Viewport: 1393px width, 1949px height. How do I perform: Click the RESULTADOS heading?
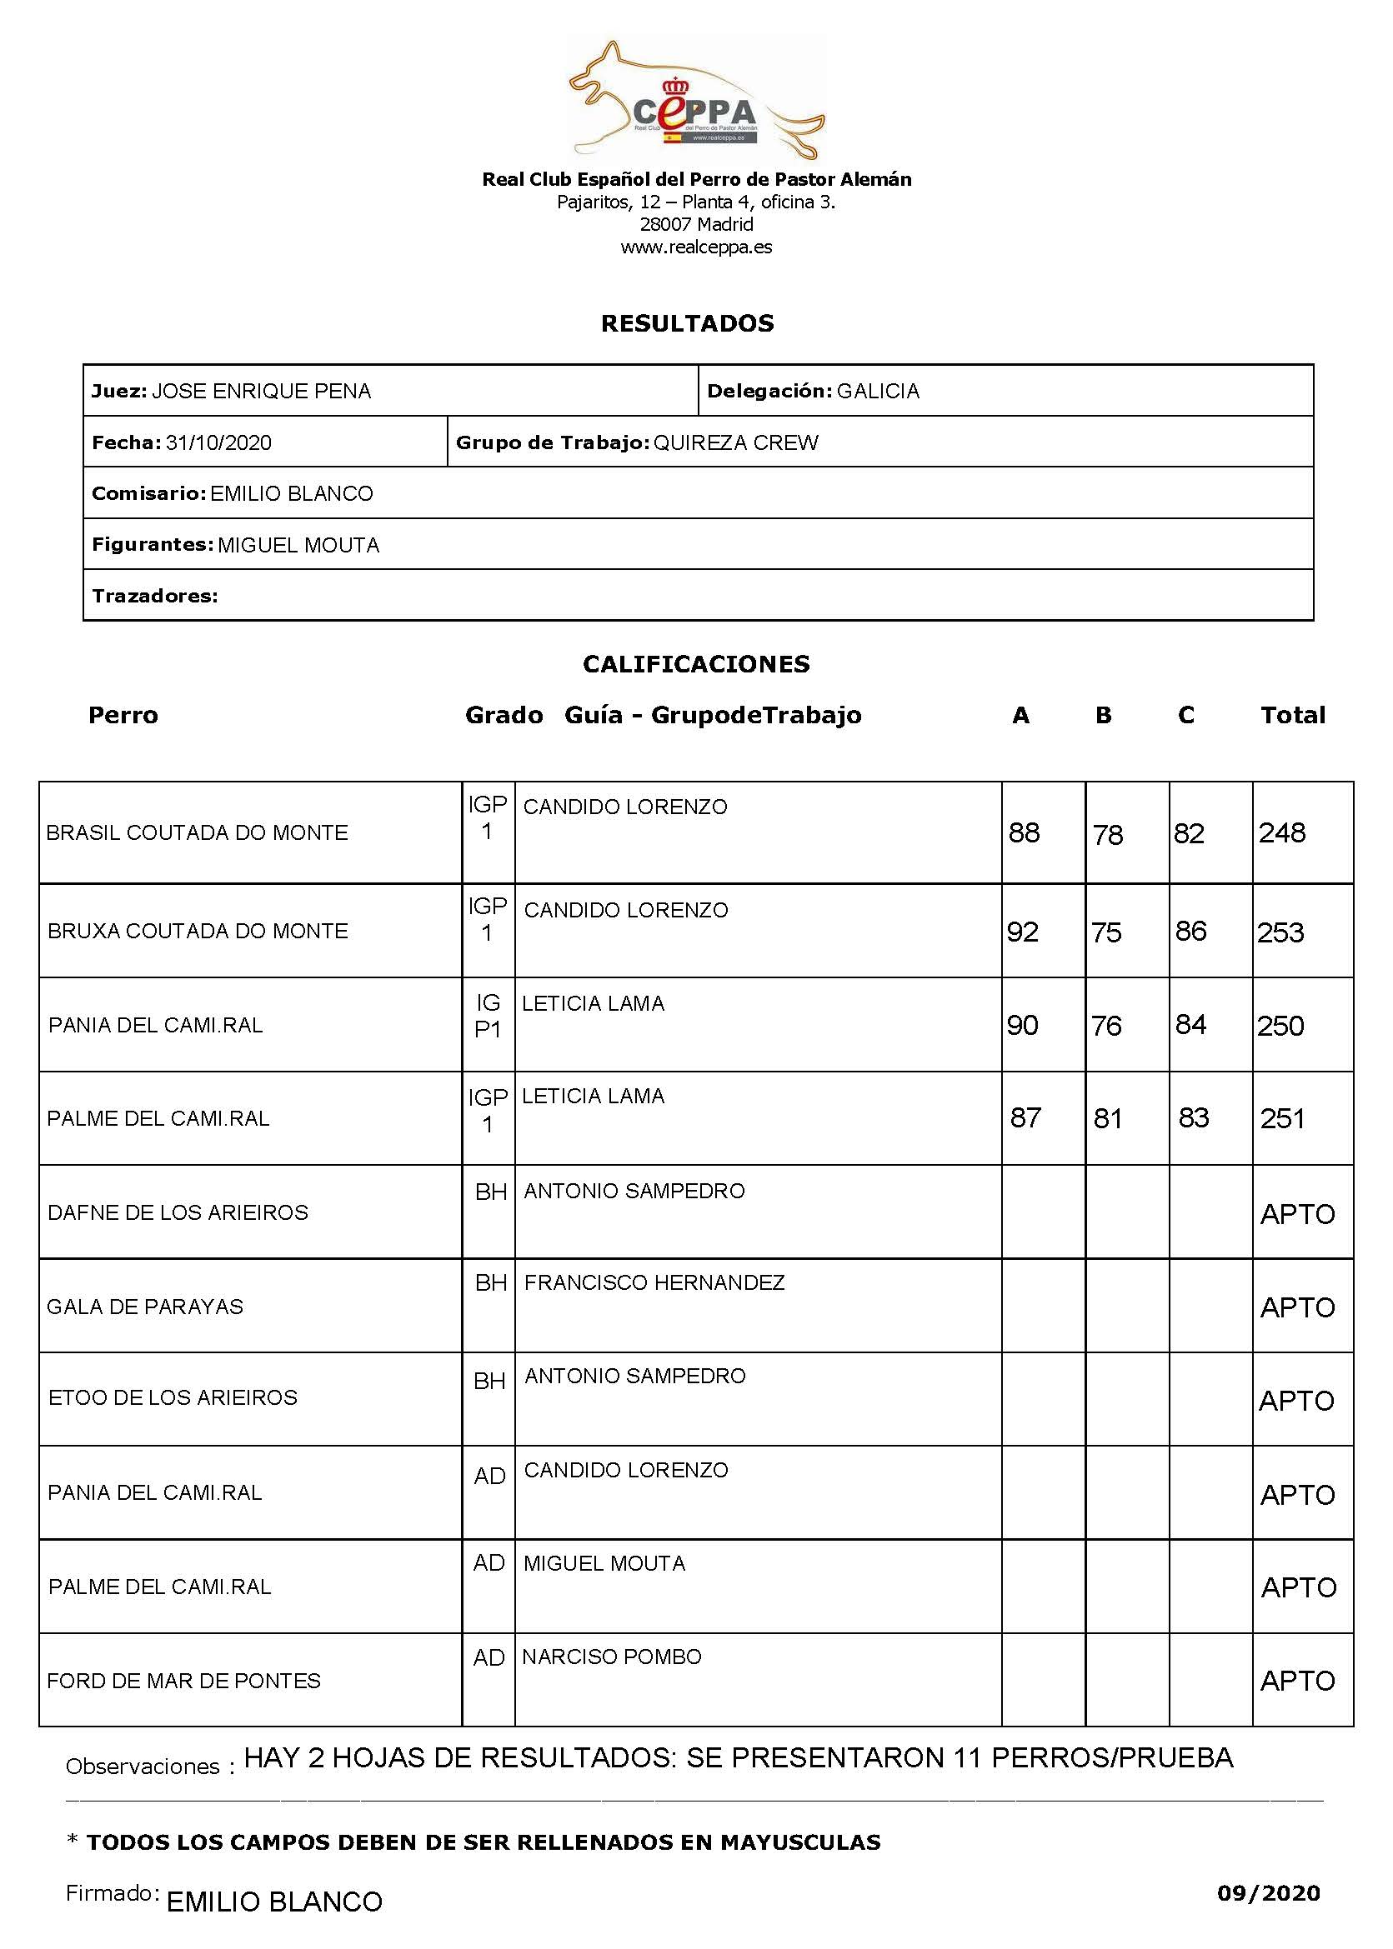point(687,323)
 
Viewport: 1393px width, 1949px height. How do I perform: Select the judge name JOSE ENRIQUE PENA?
point(261,391)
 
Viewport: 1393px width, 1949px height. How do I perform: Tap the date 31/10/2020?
point(218,442)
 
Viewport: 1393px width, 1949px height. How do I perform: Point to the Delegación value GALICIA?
point(878,391)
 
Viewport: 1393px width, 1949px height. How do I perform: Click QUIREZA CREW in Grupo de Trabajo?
point(735,442)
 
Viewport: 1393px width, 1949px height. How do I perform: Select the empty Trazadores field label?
point(154,596)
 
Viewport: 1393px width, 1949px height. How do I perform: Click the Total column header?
point(1292,715)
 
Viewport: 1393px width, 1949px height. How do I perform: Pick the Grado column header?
point(504,715)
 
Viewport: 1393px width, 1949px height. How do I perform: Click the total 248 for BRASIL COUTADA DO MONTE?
point(1281,832)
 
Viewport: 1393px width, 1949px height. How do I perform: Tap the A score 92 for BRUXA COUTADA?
point(1022,932)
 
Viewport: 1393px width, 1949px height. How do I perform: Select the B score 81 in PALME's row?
point(1107,1118)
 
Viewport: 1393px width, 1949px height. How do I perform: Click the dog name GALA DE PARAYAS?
point(145,1306)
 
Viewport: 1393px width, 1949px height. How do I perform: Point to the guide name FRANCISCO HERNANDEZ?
point(654,1282)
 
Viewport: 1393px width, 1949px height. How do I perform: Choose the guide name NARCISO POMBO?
point(612,1657)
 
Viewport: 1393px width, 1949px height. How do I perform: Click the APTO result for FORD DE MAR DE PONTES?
point(1297,1681)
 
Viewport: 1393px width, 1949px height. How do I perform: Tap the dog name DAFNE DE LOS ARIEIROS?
point(178,1212)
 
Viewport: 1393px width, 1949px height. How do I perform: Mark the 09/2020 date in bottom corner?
point(1268,1893)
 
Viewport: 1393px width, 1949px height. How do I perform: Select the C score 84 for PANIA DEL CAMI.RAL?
point(1190,1025)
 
